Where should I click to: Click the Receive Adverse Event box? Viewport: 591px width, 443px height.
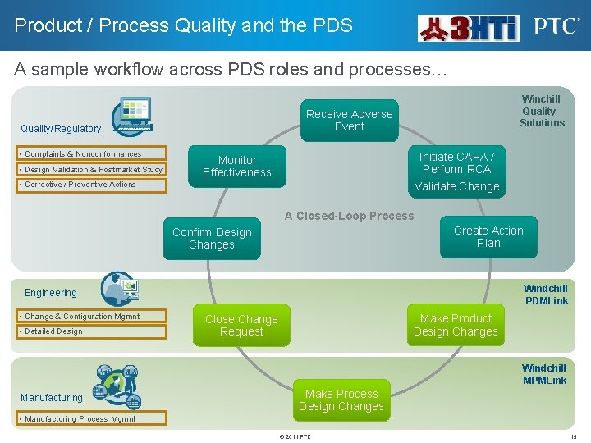(x=350, y=121)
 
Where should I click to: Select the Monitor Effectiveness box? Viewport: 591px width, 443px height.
(x=236, y=167)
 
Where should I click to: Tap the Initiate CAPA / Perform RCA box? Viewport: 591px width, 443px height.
(x=456, y=163)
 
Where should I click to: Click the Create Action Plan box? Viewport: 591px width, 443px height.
(x=488, y=237)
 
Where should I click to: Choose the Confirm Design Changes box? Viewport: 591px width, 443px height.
(x=212, y=239)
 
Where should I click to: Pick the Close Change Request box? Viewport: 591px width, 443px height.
(x=241, y=326)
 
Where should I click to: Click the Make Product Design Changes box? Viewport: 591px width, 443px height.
(x=456, y=325)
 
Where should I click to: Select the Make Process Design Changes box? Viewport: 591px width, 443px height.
(x=341, y=400)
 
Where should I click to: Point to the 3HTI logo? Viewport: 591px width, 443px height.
(x=469, y=28)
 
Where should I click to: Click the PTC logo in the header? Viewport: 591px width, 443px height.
(x=556, y=26)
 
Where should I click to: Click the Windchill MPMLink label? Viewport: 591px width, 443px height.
(x=544, y=374)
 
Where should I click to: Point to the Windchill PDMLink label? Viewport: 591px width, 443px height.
(x=545, y=295)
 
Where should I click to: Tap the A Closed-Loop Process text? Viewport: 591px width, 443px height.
(x=349, y=217)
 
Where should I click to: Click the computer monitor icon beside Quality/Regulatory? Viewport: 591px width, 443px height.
(x=131, y=115)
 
